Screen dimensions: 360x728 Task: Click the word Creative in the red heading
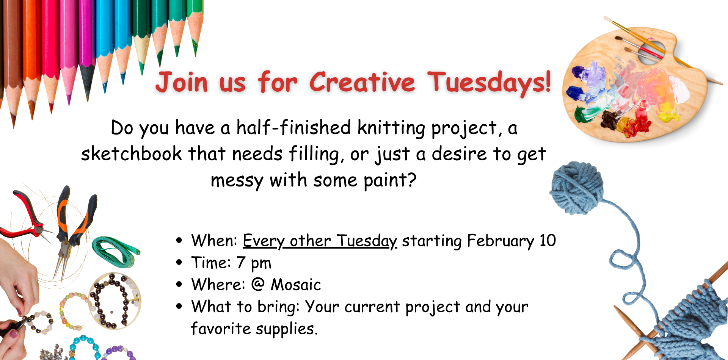click(362, 82)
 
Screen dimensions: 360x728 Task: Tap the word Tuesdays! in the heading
click(489, 82)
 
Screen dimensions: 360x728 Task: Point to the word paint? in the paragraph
click(390, 180)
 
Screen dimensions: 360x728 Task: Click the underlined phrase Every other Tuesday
click(320, 241)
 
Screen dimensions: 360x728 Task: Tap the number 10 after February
click(548, 241)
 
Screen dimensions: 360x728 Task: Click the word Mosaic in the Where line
click(296, 285)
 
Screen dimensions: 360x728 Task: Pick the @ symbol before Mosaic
click(258, 284)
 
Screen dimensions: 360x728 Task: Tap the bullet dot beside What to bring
click(179, 306)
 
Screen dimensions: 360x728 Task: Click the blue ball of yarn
click(576, 188)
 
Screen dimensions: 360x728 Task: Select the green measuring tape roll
click(116, 250)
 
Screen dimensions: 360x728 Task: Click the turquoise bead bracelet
click(85, 347)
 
